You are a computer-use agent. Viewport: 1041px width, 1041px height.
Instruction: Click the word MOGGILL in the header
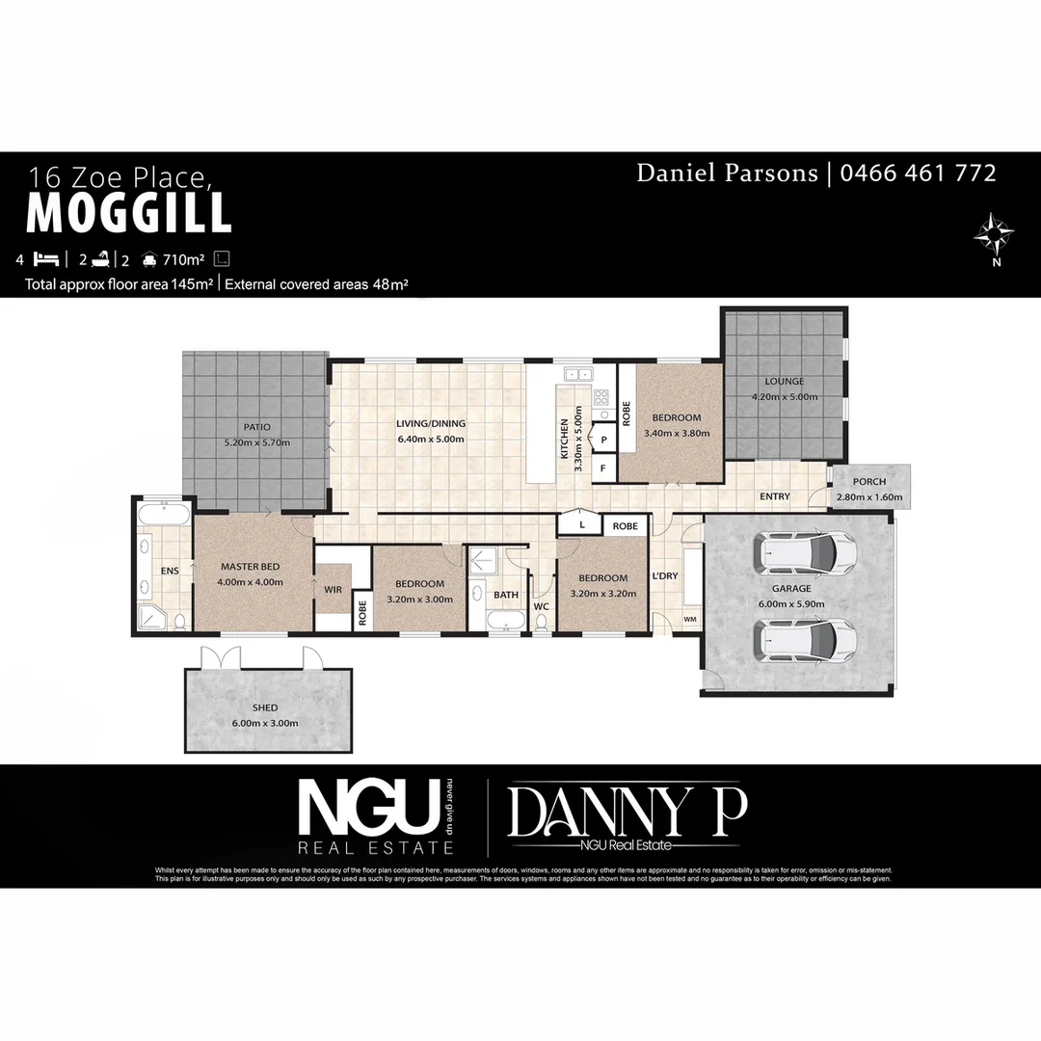pyautogui.click(x=128, y=213)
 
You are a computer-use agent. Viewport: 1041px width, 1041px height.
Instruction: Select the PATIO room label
pyautogui.click(x=256, y=427)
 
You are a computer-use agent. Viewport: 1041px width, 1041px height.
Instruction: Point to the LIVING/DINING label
pyautogui.click(x=431, y=423)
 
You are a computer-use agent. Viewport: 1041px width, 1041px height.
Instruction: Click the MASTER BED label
pyautogui.click(x=250, y=567)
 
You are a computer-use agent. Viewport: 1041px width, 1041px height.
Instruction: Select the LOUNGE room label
pyautogui.click(x=785, y=382)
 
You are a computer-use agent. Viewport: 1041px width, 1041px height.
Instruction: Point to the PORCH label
pyautogui.click(x=869, y=482)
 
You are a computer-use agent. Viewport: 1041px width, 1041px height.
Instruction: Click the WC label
pyautogui.click(x=541, y=606)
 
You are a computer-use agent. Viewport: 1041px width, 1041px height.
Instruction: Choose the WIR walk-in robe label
pyautogui.click(x=334, y=588)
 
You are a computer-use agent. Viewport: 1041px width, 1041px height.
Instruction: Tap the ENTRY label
pyautogui.click(x=774, y=496)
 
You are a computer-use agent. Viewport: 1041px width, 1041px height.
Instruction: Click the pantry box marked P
pyautogui.click(x=603, y=439)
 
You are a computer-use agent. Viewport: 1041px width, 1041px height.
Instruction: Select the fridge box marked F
pyautogui.click(x=603, y=468)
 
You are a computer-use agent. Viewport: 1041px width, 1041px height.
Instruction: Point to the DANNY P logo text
pyautogui.click(x=627, y=812)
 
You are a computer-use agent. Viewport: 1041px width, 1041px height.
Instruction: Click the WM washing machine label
pyautogui.click(x=690, y=618)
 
